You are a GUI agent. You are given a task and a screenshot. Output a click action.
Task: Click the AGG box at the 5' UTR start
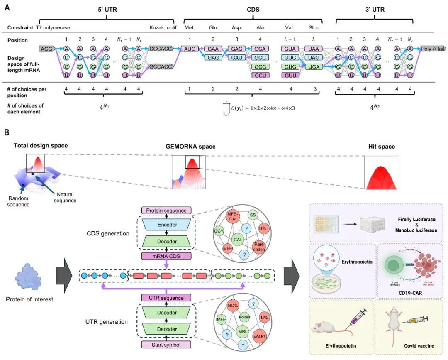click(46, 49)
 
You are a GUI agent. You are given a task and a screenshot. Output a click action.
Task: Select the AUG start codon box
click(189, 49)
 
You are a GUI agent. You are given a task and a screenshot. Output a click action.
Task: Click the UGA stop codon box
click(311, 66)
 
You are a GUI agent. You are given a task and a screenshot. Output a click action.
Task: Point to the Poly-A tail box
click(432, 49)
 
